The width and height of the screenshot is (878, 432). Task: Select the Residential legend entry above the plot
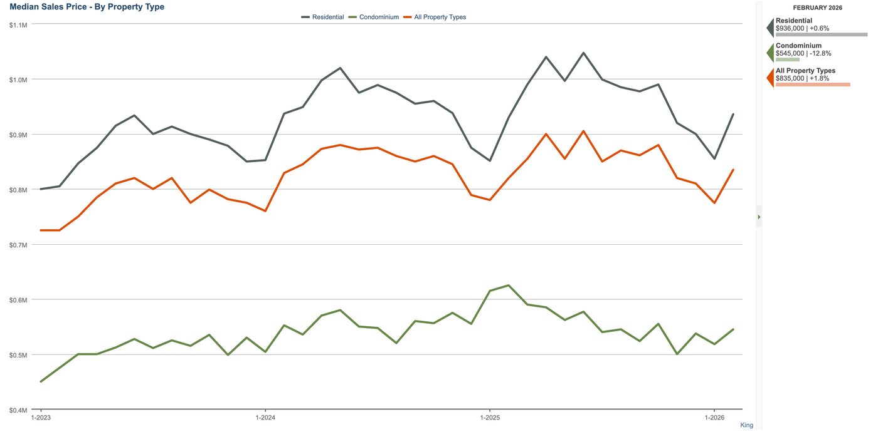pos(322,18)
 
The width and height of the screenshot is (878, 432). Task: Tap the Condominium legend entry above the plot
pos(374,18)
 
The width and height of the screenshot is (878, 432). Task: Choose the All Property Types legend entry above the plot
pos(435,18)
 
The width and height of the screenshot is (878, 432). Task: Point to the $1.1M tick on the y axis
pos(18,25)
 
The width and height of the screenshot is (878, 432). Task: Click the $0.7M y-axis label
pos(18,245)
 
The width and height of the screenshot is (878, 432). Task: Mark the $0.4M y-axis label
pos(18,410)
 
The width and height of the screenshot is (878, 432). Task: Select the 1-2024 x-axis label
pos(265,418)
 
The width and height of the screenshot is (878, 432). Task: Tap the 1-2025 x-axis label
pos(490,418)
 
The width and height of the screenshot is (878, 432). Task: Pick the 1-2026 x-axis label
pos(714,418)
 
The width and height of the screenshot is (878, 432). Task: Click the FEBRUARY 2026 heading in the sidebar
pos(818,8)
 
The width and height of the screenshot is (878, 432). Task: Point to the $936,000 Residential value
pos(790,28)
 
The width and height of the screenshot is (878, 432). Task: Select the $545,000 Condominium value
pos(790,53)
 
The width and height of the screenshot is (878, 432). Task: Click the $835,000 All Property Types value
pos(790,78)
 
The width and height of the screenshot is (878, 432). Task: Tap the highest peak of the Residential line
pos(583,53)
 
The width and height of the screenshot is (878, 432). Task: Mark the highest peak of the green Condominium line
pos(509,285)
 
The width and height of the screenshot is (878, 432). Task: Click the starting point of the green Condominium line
pos(41,381)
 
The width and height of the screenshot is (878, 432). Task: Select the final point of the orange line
pos(733,170)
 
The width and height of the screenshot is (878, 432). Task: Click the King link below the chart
pos(746,425)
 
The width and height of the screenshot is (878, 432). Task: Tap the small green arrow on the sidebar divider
pos(759,217)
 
